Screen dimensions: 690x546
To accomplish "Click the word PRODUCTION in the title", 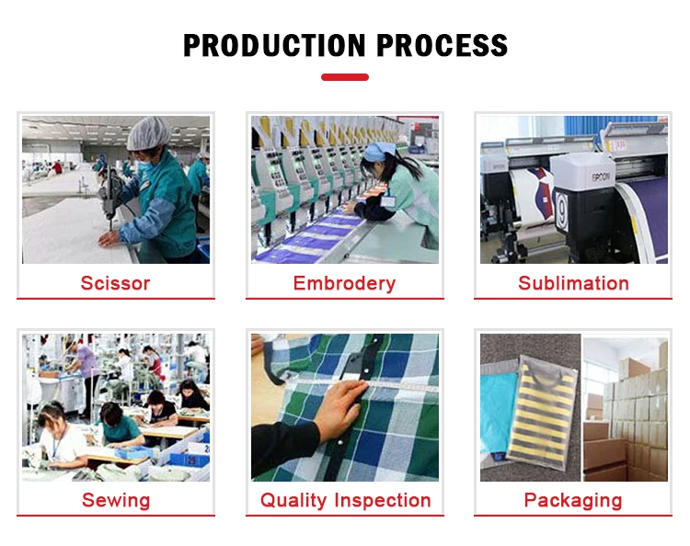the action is pyautogui.click(x=274, y=45).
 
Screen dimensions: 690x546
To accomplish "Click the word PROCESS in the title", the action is pyautogui.click(x=443, y=45).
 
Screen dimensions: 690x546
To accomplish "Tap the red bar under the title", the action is pyautogui.click(x=345, y=77).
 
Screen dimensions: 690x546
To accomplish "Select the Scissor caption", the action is pyautogui.click(x=115, y=283).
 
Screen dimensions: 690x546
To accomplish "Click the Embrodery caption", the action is pyautogui.click(x=345, y=283).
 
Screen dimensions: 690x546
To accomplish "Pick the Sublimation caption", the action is pyautogui.click(x=573, y=283).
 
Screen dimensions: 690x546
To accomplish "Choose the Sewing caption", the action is pyautogui.click(x=116, y=501).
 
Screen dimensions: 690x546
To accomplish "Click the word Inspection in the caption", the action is pyautogui.click(x=383, y=501).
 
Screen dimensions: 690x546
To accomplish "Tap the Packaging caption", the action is pyautogui.click(x=573, y=501).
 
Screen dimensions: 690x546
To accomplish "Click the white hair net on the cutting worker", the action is pyautogui.click(x=148, y=133).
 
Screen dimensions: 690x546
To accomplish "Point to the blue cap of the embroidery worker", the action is pyautogui.click(x=379, y=152).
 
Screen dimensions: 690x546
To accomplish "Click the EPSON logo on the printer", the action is pyautogui.click(x=601, y=176).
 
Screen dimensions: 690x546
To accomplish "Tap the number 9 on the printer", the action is pyautogui.click(x=561, y=212).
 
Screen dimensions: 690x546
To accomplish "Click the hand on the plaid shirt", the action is pyautogui.click(x=341, y=408).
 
